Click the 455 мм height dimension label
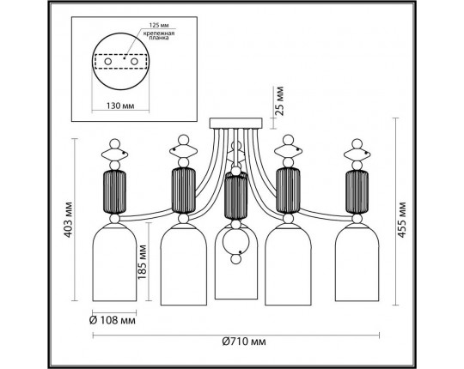click(x=401, y=220)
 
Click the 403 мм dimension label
click(x=69, y=220)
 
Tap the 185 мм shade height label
click(x=143, y=262)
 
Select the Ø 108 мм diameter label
click(x=113, y=320)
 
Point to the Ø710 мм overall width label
click(x=243, y=342)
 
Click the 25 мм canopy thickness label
click(x=278, y=101)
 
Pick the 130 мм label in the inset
click(x=120, y=106)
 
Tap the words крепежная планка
click(x=159, y=35)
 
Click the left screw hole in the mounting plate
click(x=108, y=62)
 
